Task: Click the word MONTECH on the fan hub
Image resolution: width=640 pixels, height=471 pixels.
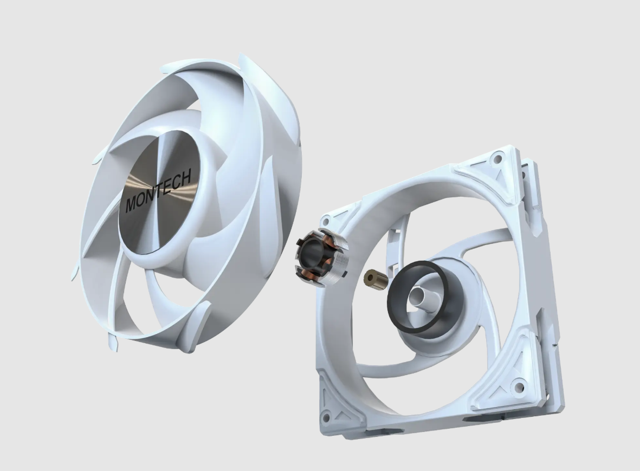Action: pyautogui.click(x=159, y=191)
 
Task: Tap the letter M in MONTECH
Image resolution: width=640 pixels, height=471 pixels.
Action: pyautogui.click(x=132, y=204)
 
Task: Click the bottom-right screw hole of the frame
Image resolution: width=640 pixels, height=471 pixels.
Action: pyautogui.click(x=519, y=386)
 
